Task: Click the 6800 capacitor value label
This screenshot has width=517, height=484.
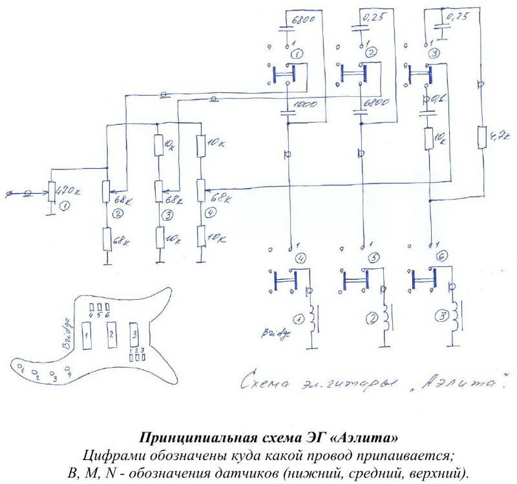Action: point(305,20)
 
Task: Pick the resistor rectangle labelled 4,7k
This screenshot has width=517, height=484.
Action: point(481,138)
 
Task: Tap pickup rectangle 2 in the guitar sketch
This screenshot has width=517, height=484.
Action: point(111,335)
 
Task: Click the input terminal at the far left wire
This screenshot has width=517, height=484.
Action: point(8,193)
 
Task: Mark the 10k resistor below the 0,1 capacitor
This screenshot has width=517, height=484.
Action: point(428,138)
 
